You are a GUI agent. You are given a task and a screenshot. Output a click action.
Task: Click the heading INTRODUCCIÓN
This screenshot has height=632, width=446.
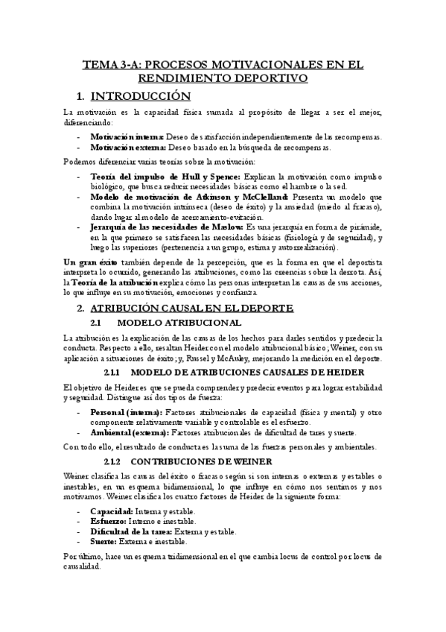(141, 96)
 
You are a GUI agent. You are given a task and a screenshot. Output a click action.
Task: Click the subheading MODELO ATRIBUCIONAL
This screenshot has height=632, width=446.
(179, 323)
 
